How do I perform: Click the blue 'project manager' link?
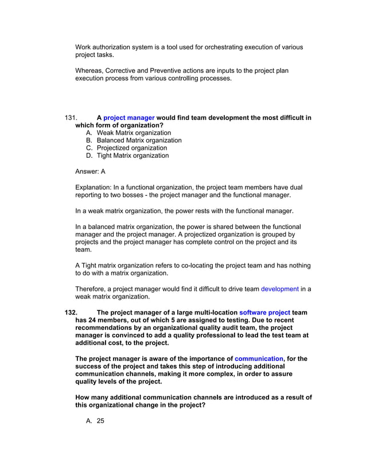coord(129,118)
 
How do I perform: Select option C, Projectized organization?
coord(127,147)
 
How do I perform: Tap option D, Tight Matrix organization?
coord(127,155)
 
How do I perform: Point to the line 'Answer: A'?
coord(90,171)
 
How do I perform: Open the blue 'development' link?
coord(279,289)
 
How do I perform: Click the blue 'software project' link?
coord(264,313)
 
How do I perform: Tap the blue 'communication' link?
coord(259,359)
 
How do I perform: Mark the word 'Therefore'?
coord(92,289)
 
